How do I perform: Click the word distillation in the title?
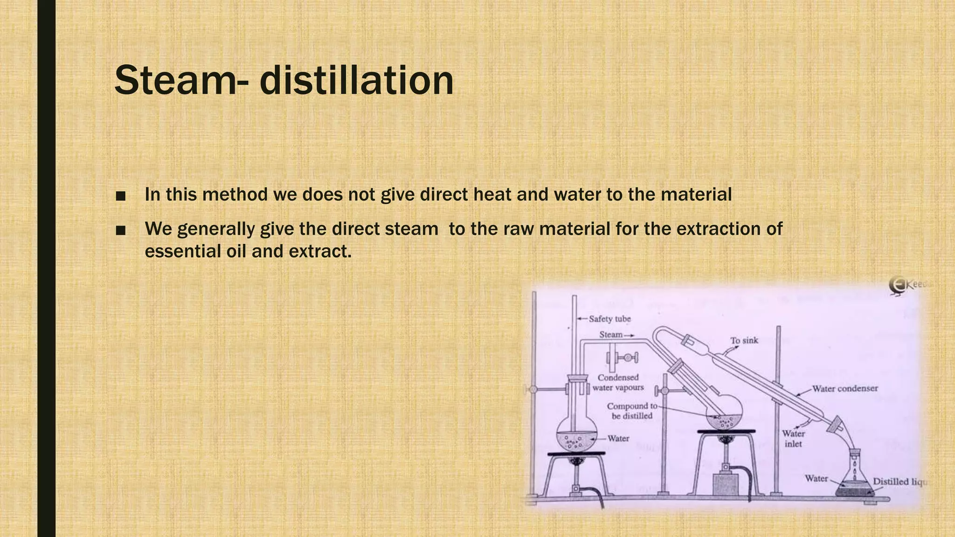(x=356, y=80)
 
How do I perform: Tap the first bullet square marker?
(x=121, y=196)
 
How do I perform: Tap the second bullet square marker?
(x=121, y=230)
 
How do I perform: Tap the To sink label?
(x=744, y=340)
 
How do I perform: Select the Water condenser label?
(x=845, y=388)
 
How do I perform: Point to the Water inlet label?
(x=793, y=439)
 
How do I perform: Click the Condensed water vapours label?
(x=618, y=382)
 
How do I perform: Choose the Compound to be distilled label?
(x=632, y=411)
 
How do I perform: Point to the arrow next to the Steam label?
(x=629, y=335)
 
